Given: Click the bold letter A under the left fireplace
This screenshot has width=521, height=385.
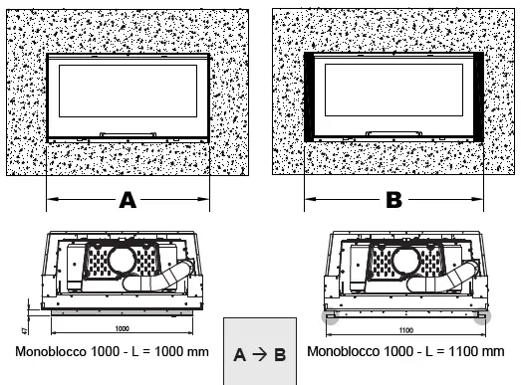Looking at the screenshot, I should click(x=128, y=199).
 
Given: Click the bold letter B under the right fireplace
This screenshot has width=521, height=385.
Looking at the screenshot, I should click(x=393, y=199).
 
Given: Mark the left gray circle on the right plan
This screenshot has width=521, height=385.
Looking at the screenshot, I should click(x=328, y=315).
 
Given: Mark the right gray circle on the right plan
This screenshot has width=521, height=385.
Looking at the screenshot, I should click(x=483, y=315).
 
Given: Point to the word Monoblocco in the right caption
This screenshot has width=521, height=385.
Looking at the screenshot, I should click(x=342, y=351).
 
